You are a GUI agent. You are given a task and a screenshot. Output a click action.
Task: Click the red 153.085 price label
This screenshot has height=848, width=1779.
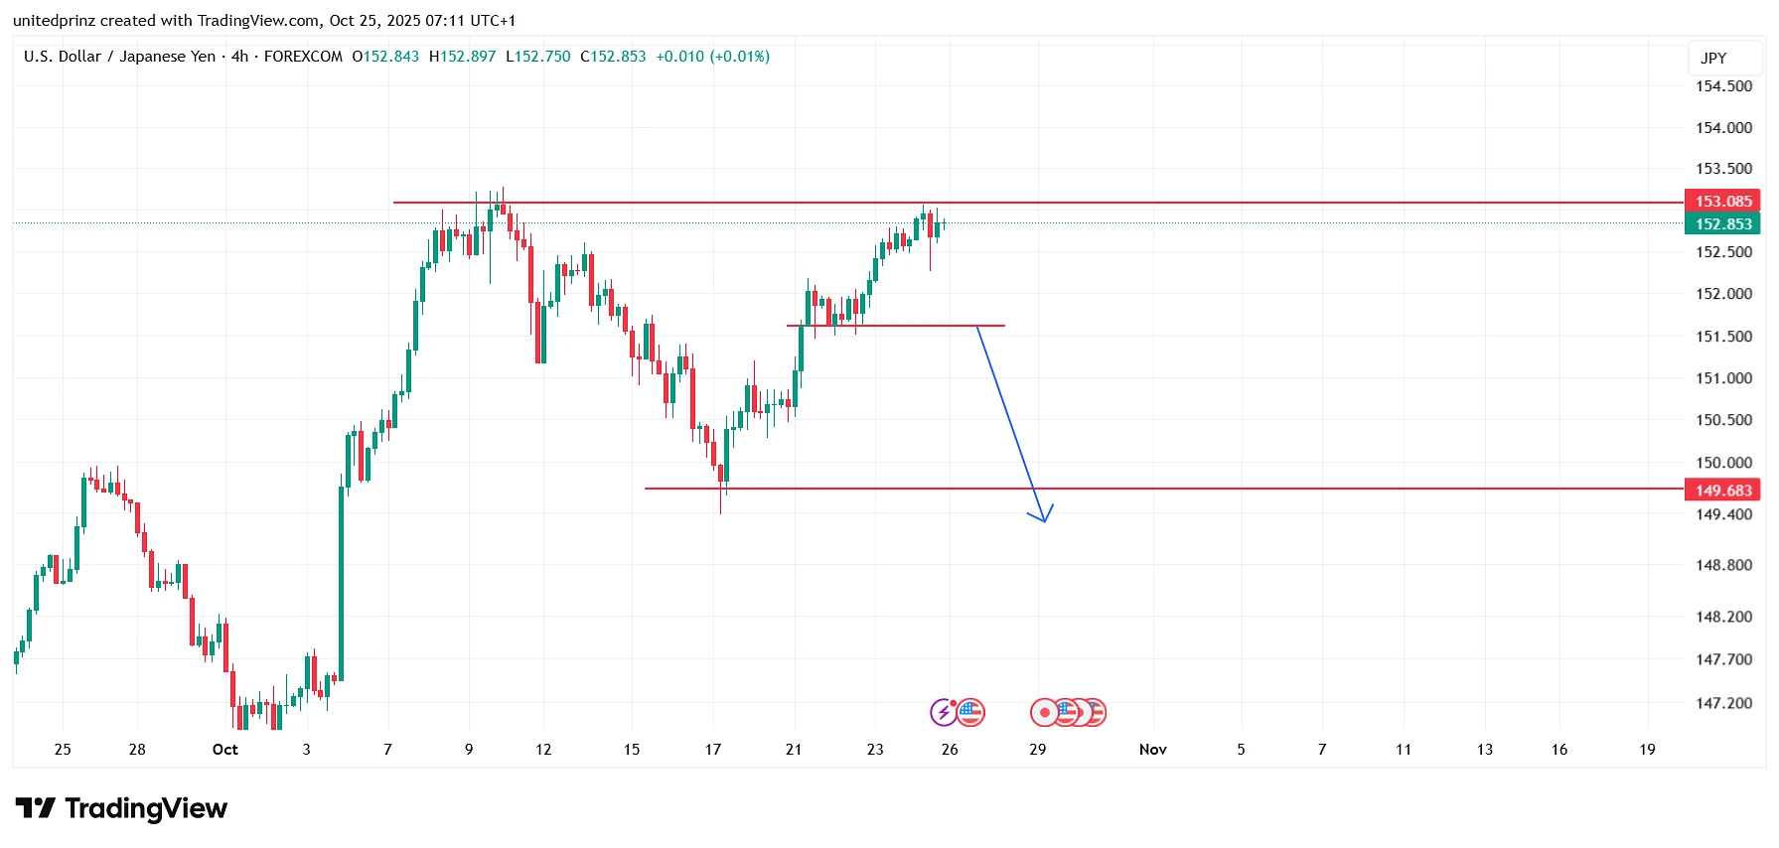pyautogui.click(x=1722, y=202)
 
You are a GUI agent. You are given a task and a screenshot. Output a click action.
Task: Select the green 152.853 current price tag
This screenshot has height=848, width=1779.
pyautogui.click(x=1722, y=224)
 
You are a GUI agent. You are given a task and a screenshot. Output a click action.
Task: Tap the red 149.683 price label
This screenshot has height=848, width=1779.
pyautogui.click(x=1722, y=491)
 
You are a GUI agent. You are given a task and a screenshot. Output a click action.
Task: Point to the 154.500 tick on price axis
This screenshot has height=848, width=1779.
pyautogui.click(x=1723, y=86)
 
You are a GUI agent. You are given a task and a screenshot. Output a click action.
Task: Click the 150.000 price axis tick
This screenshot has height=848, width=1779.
pyautogui.click(x=1723, y=463)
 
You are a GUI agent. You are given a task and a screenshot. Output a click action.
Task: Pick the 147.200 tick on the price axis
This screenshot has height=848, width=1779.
pyautogui.click(x=1723, y=704)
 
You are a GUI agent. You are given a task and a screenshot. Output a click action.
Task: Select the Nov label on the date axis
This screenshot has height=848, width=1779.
pyautogui.click(x=1152, y=750)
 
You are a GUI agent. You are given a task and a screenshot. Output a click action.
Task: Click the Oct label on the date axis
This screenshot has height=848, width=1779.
pyautogui.click(x=225, y=750)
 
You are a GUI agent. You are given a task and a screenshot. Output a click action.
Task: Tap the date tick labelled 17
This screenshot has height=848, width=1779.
pyautogui.click(x=713, y=750)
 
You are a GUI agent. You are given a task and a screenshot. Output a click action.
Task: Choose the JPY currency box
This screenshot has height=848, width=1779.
pyautogui.click(x=1713, y=59)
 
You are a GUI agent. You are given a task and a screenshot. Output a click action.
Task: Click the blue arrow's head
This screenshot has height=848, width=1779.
pyautogui.click(x=1044, y=517)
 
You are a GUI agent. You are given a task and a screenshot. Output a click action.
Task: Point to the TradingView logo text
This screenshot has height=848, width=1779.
pyautogui.click(x=146, y=809)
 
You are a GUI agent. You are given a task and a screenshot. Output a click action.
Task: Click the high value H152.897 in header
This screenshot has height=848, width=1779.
pyautogui.click(x=462, y=57)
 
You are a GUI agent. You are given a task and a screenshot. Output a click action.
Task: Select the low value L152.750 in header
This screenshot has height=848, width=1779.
pyautogui.click(x=538, y=57)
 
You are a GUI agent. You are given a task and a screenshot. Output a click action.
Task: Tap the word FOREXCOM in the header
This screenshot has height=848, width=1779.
pyautogui.click(x=303, y=57)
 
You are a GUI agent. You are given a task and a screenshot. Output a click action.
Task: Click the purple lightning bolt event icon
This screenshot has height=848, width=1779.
pyautogui.click(x=943, y=712)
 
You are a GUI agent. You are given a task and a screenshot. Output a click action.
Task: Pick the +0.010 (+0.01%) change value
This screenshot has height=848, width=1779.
pyautogui.click(x=712, y=57)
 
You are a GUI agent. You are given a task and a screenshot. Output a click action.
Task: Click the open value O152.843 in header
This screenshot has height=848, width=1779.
pyautogui.click(x=385, y=57)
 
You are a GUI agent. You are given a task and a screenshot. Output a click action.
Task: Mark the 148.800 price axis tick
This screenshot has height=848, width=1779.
pyautogui.click(x=1723, y=566)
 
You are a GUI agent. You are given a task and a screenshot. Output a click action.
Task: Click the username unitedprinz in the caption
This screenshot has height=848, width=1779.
pyautogui.click(x=55, y=21)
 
